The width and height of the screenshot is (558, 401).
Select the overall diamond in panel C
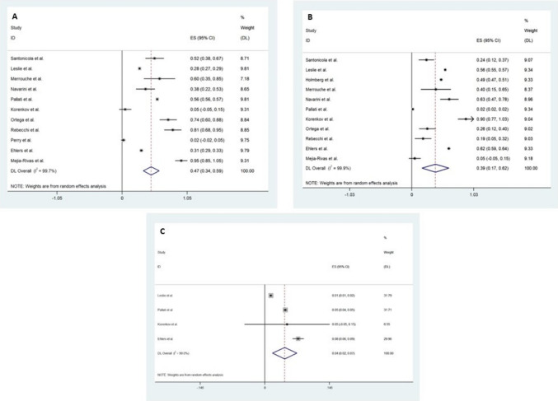click(x=284, y=352)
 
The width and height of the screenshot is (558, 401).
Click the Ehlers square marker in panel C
click(x=299, y=338)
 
